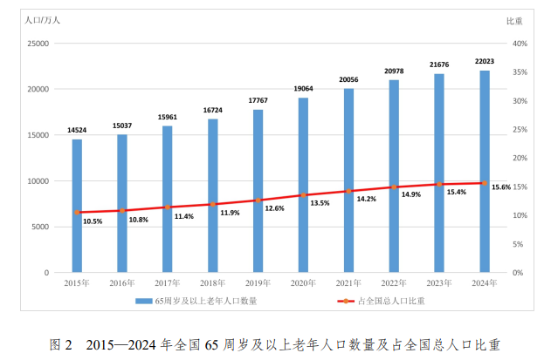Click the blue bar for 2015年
(77, 206)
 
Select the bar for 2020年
(303, 185)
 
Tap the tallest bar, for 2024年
(485, 171)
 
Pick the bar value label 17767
(258, 100)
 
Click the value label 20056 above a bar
(348, 79)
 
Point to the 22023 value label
(485, 61)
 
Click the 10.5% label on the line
(93, 221)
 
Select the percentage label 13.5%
(320, 203)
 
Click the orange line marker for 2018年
(212, 205)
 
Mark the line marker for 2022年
(394, 187)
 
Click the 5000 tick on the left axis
(38, 227)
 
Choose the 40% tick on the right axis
(519, 44)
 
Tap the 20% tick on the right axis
(519, 158)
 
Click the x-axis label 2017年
(167, 283)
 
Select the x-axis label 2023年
(439, 283)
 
